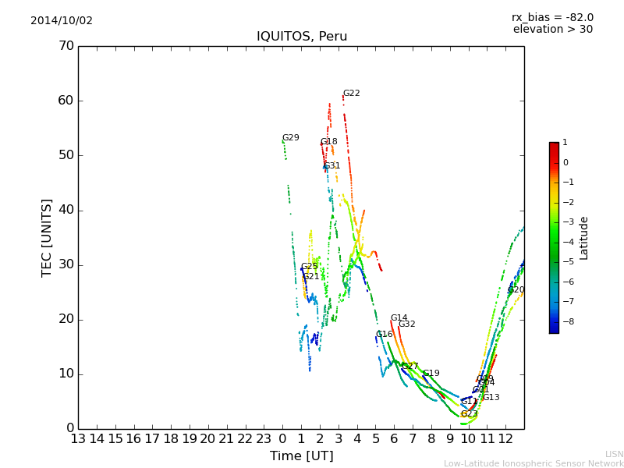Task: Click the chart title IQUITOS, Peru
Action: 302,37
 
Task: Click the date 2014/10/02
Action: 62,21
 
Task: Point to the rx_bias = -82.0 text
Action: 552,17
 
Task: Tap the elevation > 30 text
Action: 552,30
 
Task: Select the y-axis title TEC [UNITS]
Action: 47,238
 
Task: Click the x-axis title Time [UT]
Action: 301,456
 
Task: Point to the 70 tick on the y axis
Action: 66,46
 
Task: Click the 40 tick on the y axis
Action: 66,210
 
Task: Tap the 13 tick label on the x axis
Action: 78,439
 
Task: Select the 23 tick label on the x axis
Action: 264,439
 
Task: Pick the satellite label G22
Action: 352,94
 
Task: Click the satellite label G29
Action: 291,138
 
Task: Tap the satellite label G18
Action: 329,142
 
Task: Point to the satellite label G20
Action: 516,290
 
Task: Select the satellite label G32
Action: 407,324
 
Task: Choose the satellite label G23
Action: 469,414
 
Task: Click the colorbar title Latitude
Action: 584,238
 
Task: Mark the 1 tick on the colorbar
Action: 565,143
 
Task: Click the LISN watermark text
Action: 615,454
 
